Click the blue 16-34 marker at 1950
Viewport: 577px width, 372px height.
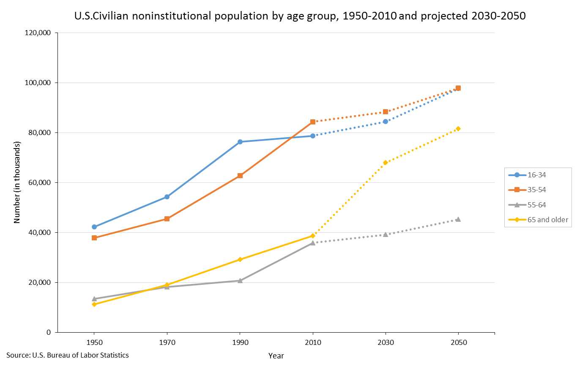coord(94,227)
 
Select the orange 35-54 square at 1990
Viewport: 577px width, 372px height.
coord(240,176)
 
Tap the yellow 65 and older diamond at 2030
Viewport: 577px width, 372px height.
coord(386,163)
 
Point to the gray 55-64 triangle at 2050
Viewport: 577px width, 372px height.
coord(458,219)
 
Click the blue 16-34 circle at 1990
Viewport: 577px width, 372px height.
coord(240,142)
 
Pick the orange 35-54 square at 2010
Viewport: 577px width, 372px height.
coord(313,122)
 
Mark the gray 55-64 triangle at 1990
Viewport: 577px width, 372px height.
coord(240,281)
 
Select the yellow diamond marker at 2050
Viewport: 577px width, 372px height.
coord(458,129)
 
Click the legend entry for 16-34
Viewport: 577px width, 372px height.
coord(537,175)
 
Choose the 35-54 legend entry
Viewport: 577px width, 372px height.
coord(537,190)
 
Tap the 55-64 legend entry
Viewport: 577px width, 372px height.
coord(537,205)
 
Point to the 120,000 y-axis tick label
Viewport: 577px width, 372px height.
coord(38,33)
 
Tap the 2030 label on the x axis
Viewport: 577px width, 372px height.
coord(386,342)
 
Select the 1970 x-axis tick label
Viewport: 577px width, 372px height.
coord(167,342)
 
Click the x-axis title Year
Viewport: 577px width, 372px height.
coord(276,356)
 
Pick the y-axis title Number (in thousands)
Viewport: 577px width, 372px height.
coord(17,183)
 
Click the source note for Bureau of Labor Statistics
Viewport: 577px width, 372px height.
coord(68,355)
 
